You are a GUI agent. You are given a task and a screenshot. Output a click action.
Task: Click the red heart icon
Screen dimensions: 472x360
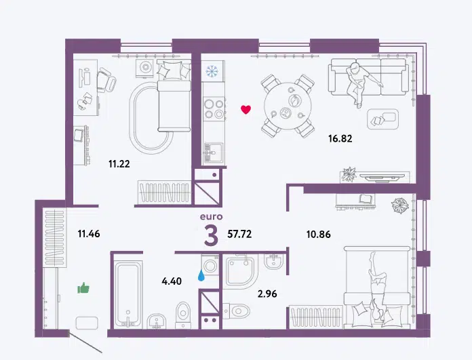(x=246, y=110)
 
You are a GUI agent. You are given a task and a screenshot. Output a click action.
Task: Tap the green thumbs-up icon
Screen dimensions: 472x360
(x=83, y=288)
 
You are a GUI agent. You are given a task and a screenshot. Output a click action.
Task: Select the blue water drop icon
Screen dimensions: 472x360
(x=201, y=275)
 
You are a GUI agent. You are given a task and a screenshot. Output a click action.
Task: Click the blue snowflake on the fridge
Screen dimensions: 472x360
(x=212, y=71)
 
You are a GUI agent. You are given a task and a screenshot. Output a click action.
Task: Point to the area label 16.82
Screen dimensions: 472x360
(x=340, y=138)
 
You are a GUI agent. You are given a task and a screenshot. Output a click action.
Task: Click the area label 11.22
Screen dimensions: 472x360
(x=119, y=164)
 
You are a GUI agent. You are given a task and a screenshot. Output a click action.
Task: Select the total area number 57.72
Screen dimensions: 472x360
(x=239, y=234)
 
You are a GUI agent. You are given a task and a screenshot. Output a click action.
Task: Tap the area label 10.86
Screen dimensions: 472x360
(x=319, y=234)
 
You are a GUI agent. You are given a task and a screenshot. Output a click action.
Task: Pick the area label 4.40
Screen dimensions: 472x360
(x=172, y=281)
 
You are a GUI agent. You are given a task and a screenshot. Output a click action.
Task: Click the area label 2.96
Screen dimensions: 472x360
(x=267, y=294)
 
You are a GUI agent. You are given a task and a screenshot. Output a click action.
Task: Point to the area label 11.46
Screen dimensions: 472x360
(x=89, y=234)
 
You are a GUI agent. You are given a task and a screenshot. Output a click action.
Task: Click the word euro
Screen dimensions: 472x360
(x=212, y=216)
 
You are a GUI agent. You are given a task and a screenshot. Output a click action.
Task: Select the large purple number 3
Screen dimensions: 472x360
(x=211, y=237)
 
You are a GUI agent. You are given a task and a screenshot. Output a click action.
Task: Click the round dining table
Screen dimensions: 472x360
(x=288, y=106)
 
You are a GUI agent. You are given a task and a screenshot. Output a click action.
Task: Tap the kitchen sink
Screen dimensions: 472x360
(x=214, y=153)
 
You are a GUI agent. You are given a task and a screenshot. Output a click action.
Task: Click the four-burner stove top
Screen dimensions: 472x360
(x=214, y=108)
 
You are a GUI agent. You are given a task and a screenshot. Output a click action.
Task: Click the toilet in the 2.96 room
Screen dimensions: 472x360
(x=237, y=310)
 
